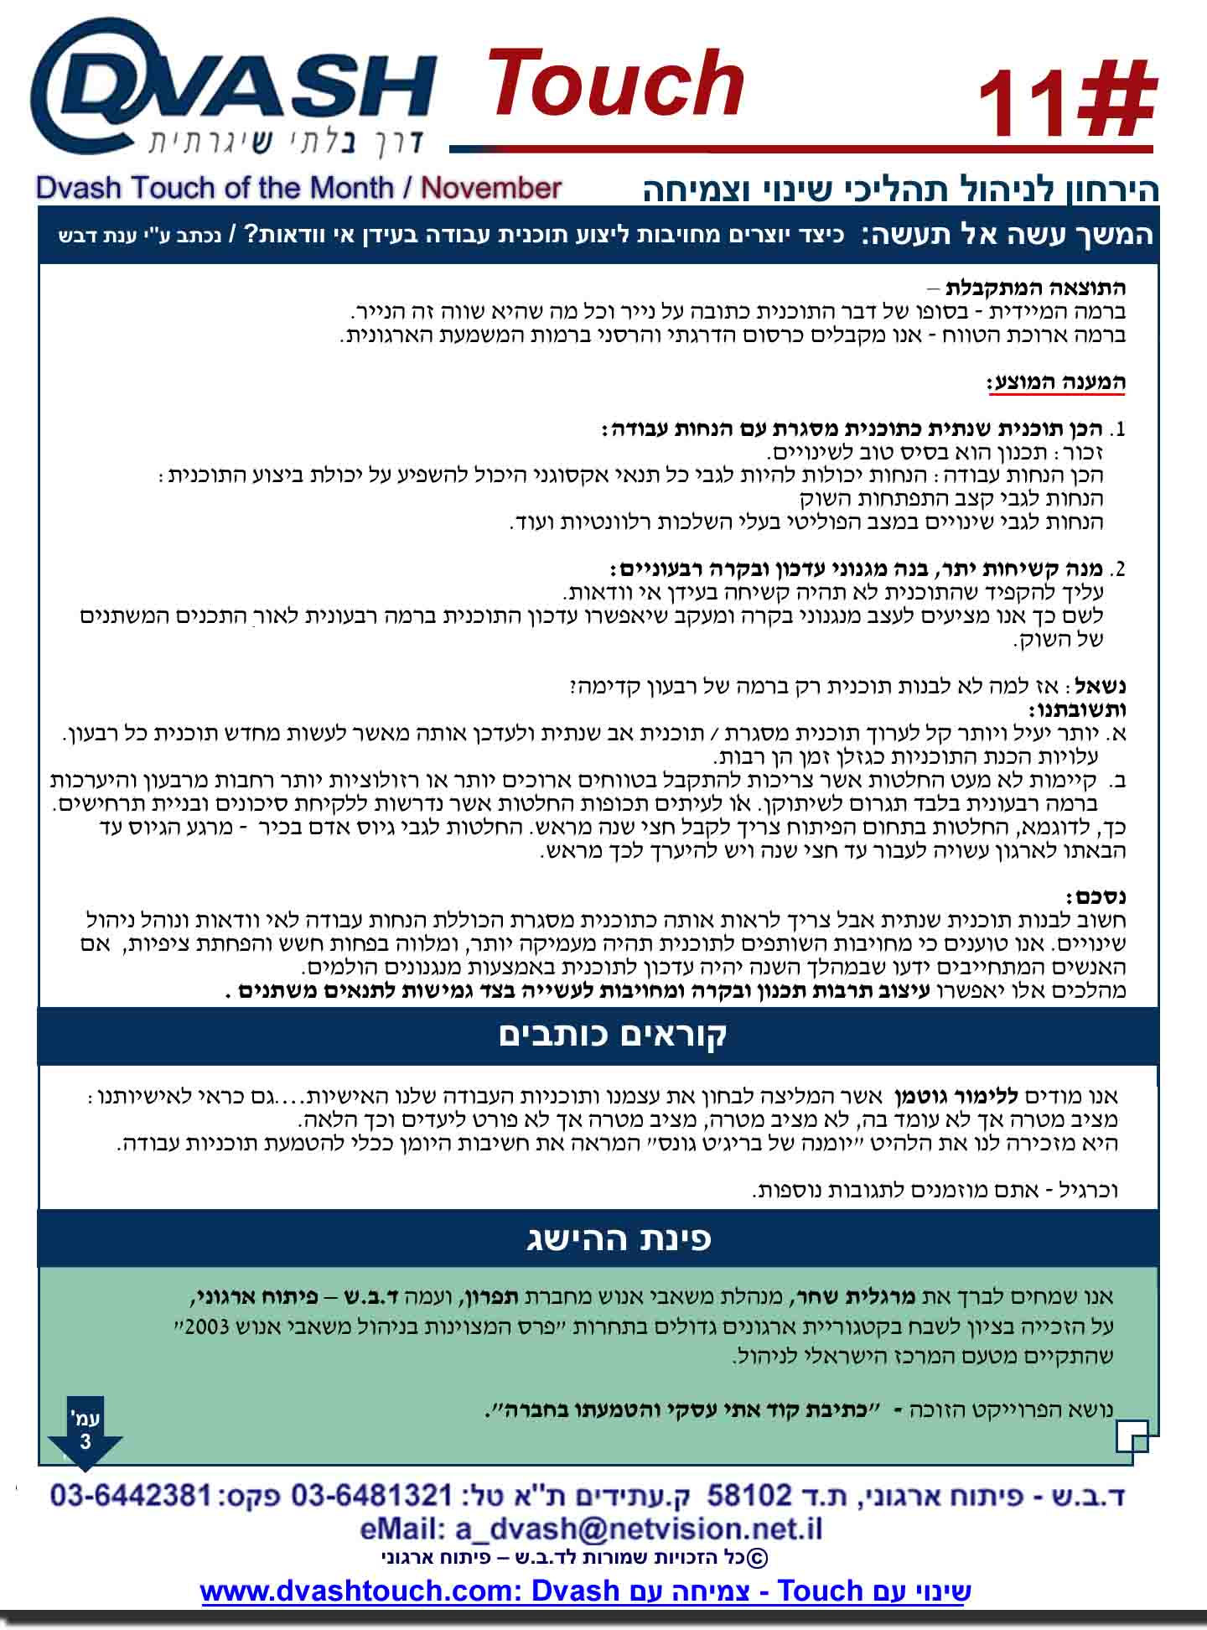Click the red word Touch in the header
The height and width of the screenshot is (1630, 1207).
tap(615, 84)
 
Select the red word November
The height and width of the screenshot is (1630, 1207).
tap(491, 188)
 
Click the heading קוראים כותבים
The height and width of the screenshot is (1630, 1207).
tap(613, 1035)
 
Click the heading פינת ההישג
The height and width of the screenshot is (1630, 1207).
tap(619, 1238)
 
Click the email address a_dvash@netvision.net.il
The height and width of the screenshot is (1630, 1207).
tap(592, 1529)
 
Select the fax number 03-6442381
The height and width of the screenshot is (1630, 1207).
tap(130, 1496)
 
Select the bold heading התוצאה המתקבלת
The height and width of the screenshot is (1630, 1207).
tap(1036, 288)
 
